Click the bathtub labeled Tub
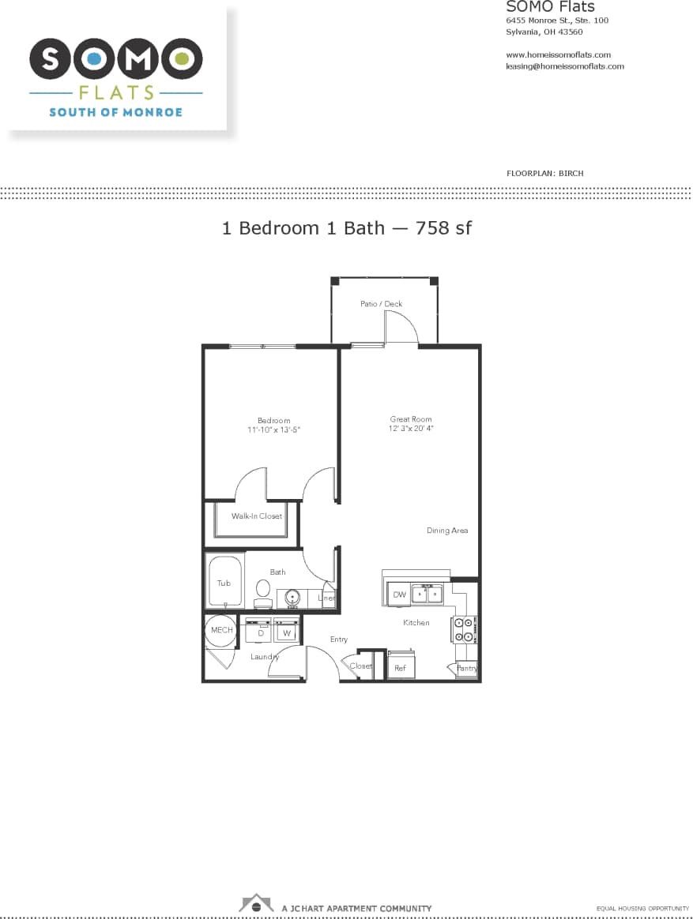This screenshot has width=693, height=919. point(225,582)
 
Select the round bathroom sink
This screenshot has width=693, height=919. point(292,597)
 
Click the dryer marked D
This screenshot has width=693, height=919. point(259,632)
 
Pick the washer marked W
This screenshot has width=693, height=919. point(286,632)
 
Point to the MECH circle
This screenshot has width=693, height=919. point(221,630)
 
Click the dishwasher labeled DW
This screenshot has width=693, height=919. point(399,595)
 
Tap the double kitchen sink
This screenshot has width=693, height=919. point(427,594)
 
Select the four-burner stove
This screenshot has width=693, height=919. point(463,629)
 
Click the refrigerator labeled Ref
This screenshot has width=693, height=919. point(401,667)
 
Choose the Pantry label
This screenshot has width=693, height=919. point(467,669)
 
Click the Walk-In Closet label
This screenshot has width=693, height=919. point(256,516)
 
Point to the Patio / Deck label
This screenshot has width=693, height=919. point(381,304)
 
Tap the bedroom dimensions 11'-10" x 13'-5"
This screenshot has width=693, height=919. point(273,429)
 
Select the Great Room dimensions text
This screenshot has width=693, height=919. point(411,429)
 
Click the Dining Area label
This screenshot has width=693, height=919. point(447,531)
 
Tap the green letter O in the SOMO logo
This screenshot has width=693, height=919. point(183,59)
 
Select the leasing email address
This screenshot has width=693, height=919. point(564,66)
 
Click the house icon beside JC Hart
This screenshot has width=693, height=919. point(256,903)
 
